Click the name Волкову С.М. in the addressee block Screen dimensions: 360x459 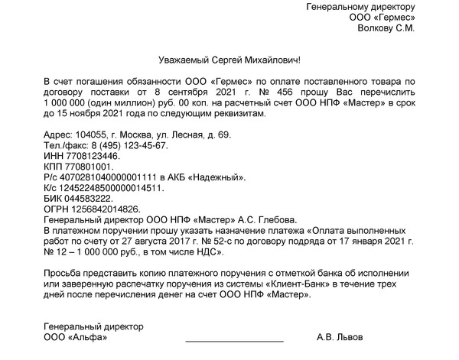click(386, 28)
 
